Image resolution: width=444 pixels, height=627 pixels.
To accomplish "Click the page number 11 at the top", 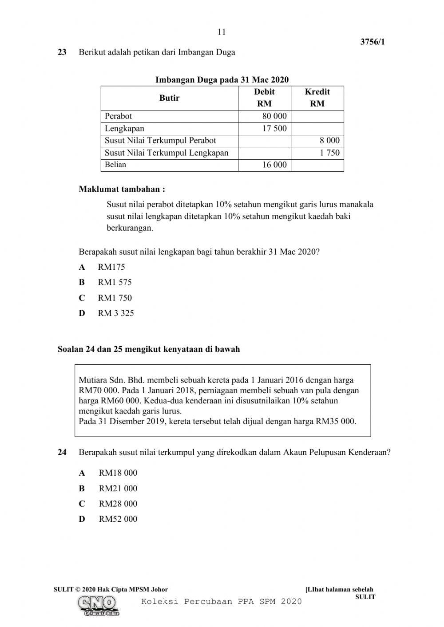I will pyautogui.click(x=222, y=32).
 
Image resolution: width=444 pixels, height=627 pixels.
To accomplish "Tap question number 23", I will pyautogui.click(x=62, y=52).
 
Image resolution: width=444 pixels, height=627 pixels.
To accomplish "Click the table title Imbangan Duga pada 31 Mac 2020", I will pyautogui.click(x=222, y=80).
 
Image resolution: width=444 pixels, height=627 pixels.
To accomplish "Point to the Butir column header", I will pyautogui.click(x=169, y=98).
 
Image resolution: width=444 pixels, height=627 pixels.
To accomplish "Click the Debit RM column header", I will pyautogui.click(x=264, y=98).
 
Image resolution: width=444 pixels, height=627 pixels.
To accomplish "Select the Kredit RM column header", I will pyautogui.click(x=317, y=98).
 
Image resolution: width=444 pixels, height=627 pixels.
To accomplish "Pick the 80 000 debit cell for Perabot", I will pyautogui.click(x=274, y=116).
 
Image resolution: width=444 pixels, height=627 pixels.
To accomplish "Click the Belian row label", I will pyautogui.click(x=115, y=165).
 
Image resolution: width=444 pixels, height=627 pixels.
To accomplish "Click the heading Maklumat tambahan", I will pyautogui.click(x=122, y=189).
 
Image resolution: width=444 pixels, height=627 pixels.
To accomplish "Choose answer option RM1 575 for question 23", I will pyautogui.click(x=115, y=282).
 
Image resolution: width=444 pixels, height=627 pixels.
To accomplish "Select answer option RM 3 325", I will pyautogui.click(x=115, y=313).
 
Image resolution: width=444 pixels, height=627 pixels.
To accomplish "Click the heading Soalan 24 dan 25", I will pyautogui.click(x=149, y=349).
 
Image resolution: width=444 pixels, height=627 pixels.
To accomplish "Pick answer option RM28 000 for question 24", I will pyautogui.click(x=118, y=504).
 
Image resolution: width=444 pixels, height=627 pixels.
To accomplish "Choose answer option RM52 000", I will pyautogui.click(x=118, y=519).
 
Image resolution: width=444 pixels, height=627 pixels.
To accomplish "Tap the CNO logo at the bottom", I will pyautogui.click(x=98, y=604).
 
